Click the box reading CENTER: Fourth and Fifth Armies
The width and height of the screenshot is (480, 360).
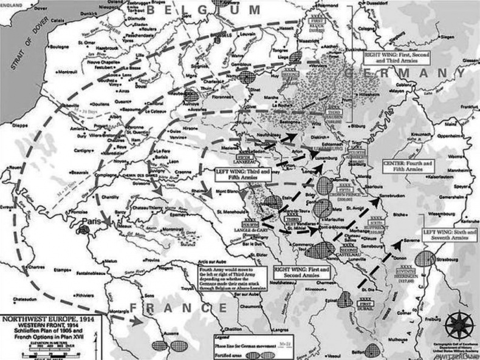click(406, 168)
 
